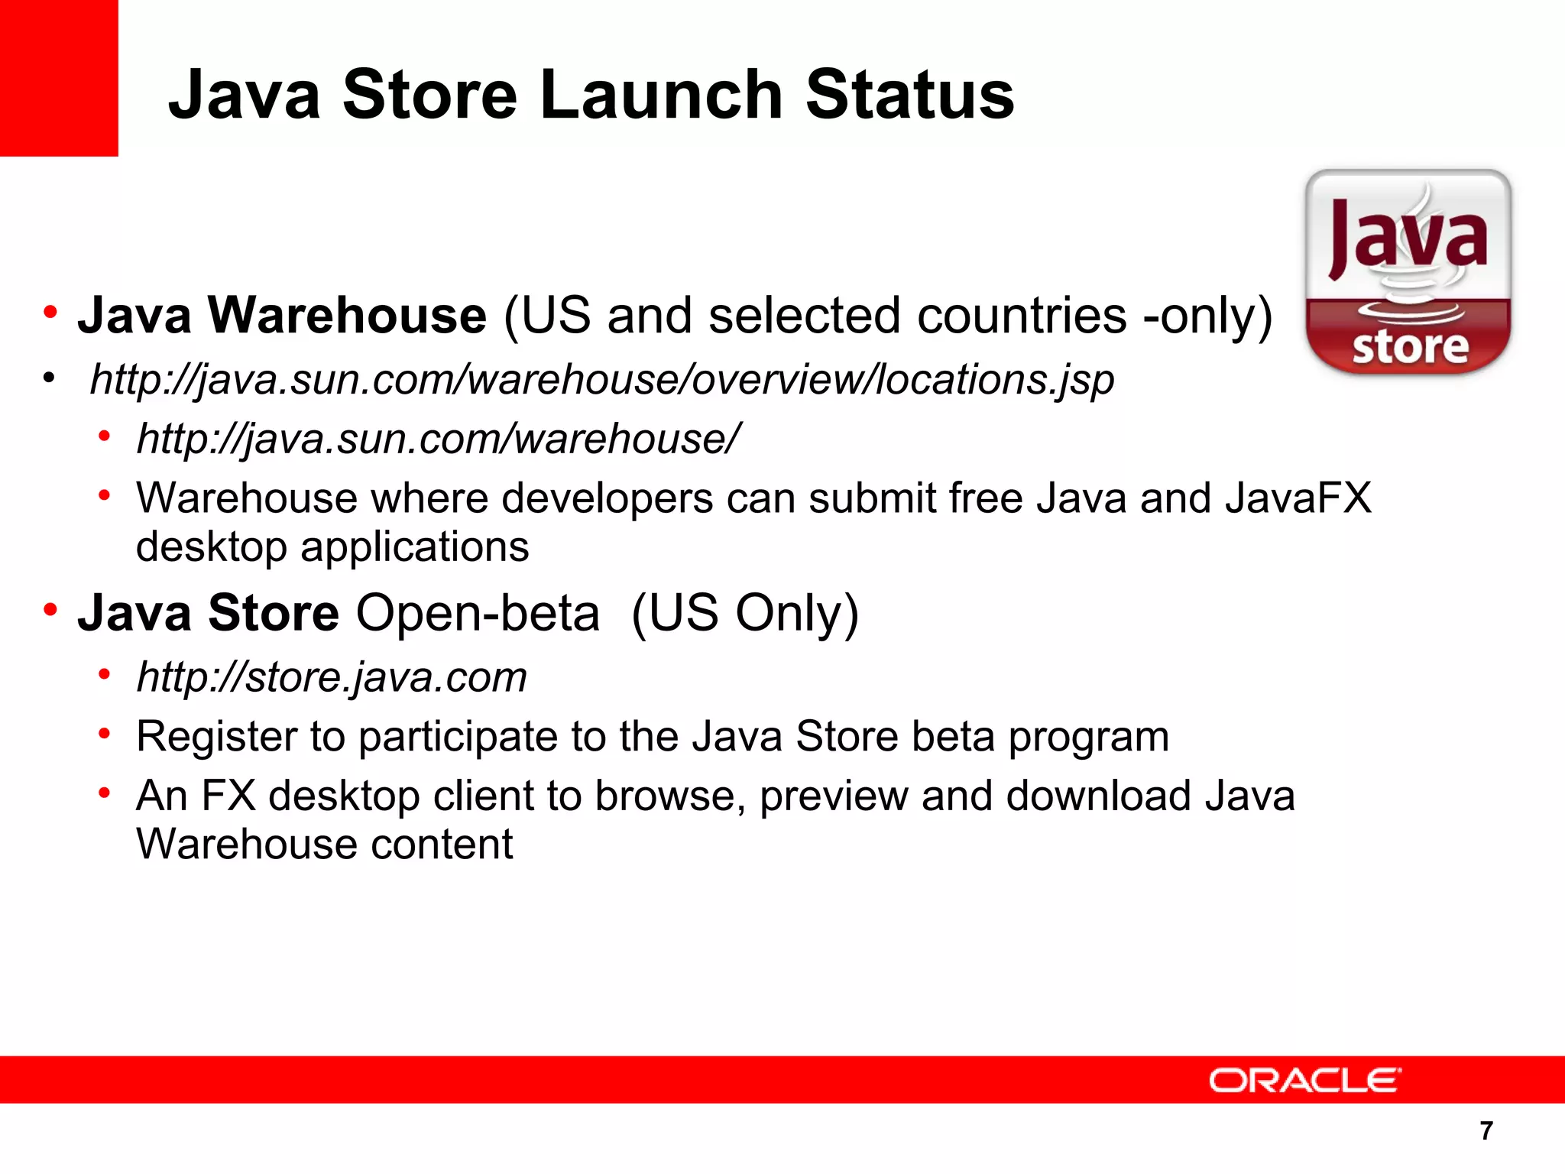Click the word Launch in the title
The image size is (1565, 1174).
coord(662,95)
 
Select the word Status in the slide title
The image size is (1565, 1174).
coord(909,95)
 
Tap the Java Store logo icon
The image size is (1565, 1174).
coord(1408,271)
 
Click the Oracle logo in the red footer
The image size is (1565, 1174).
coord(1304,1080)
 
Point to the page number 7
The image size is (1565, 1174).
coord(1486,1130)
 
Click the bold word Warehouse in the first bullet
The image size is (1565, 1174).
coord(347,315)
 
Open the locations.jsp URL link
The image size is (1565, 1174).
coord(602,379)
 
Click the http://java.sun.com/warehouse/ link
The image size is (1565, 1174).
coord(438,439)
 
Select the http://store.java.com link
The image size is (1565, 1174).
coord(332,677)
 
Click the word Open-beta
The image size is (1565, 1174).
coord(478,613)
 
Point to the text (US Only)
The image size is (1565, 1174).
coord(745,613)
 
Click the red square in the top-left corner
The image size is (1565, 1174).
coord(59,78)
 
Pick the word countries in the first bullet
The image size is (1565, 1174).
coord(1022,315)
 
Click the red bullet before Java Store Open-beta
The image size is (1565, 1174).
coord(50,611)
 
